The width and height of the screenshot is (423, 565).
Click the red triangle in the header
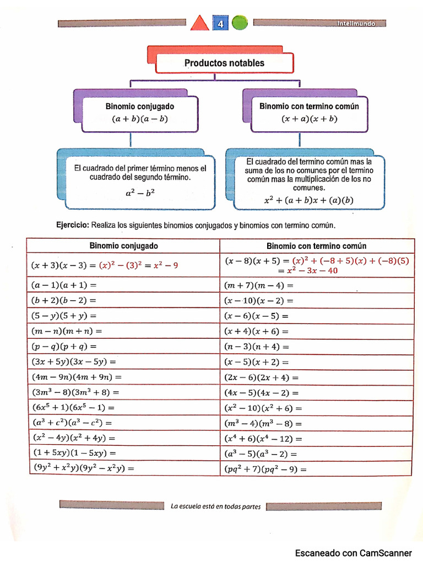[200, 24]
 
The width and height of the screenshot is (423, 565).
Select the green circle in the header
[239, 23]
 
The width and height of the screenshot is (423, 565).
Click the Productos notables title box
[224, 63]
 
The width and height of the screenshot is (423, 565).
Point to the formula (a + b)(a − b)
[139, 119]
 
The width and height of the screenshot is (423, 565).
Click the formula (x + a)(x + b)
[309, 119]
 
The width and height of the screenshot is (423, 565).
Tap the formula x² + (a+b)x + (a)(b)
[308, 200]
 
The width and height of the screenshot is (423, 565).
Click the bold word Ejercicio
[73, 225]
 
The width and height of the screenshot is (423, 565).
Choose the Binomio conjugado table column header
[123, 246]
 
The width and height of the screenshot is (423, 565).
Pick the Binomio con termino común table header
[317, 246]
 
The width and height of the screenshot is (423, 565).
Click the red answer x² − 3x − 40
[308, 270]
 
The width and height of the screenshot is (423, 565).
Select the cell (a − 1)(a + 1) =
[64, 285]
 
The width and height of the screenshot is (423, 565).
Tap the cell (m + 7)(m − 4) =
[259, 285]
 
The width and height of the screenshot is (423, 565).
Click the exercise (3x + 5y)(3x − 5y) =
[74, 362]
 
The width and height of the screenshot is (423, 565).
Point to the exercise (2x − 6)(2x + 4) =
[261, 377]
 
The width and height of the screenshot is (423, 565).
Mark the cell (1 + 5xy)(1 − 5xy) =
[74, 453]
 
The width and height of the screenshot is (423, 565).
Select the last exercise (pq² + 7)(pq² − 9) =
[265, 469]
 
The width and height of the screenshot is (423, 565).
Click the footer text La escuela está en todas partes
[216, 506]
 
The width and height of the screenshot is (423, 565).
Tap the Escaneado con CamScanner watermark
[353, 553]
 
